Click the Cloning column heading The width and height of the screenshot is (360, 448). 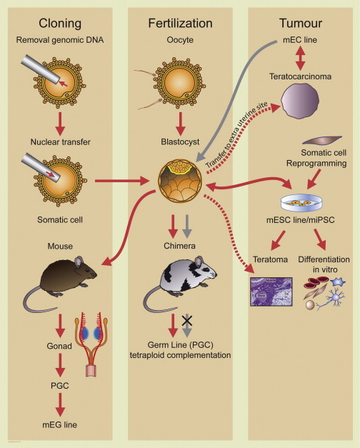[60, 24]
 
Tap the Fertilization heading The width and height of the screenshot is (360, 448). [180, 23]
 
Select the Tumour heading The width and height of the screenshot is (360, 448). [301, 23]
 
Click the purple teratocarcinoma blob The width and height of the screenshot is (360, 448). [300, 101]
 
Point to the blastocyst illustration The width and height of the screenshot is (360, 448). [180, 181]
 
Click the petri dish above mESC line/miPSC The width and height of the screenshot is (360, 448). [301, 203]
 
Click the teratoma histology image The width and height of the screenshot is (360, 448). [271, 292]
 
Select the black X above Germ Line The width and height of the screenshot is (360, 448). [187, 321]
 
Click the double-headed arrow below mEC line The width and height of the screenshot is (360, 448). [300, 58]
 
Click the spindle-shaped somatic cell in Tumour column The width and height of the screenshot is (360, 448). [322, 140]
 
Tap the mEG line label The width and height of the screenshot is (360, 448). [60, 425]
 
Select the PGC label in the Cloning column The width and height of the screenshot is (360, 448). [60, 386]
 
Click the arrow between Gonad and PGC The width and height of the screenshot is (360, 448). [60, 365]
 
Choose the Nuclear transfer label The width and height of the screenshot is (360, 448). [60, 141]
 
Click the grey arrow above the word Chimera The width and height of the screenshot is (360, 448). [187, 227]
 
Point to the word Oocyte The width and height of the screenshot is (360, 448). [180, 39]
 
